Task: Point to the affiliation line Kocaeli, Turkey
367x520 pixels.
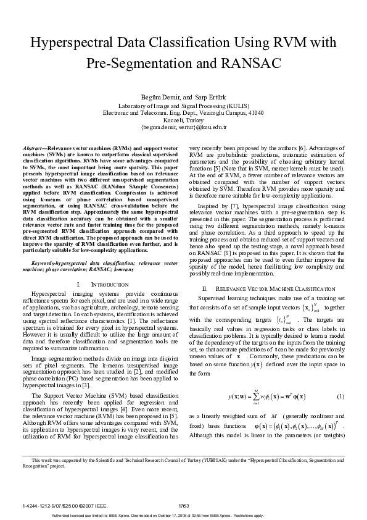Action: [184, 119]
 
